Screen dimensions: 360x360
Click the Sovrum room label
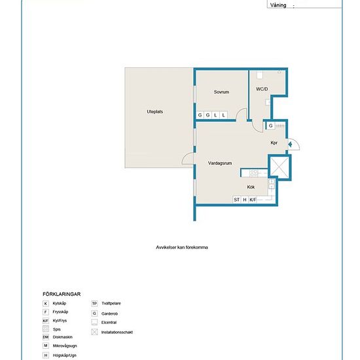coord(221,92)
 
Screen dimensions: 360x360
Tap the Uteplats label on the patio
coord(154,111)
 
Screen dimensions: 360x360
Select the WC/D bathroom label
coord(262,89)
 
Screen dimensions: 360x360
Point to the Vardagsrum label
coord(220,163)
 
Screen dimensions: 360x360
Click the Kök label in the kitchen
coord(251,187)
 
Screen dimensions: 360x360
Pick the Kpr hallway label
coord(274,143)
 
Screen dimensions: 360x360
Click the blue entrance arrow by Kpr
coord(290,145)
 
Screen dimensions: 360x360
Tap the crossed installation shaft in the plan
coord(279,167)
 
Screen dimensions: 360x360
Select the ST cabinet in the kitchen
coord(236,200)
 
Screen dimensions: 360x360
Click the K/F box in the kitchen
coord(253,200)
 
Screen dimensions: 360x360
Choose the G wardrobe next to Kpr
coord(271,126)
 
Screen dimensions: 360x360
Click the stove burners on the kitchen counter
coord(254,173)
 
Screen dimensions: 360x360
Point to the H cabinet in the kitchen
coord(245,200)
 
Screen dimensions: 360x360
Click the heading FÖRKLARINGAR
coord(62,294)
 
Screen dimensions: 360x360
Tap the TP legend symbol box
coord(94,304)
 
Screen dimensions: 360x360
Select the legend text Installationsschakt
coord(117,332)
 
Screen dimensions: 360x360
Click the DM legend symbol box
coord(46,337)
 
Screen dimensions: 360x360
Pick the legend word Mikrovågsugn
coord(65,346)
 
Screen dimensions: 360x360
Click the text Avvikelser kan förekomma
coord(182,247)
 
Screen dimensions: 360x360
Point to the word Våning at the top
coord(278,5)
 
